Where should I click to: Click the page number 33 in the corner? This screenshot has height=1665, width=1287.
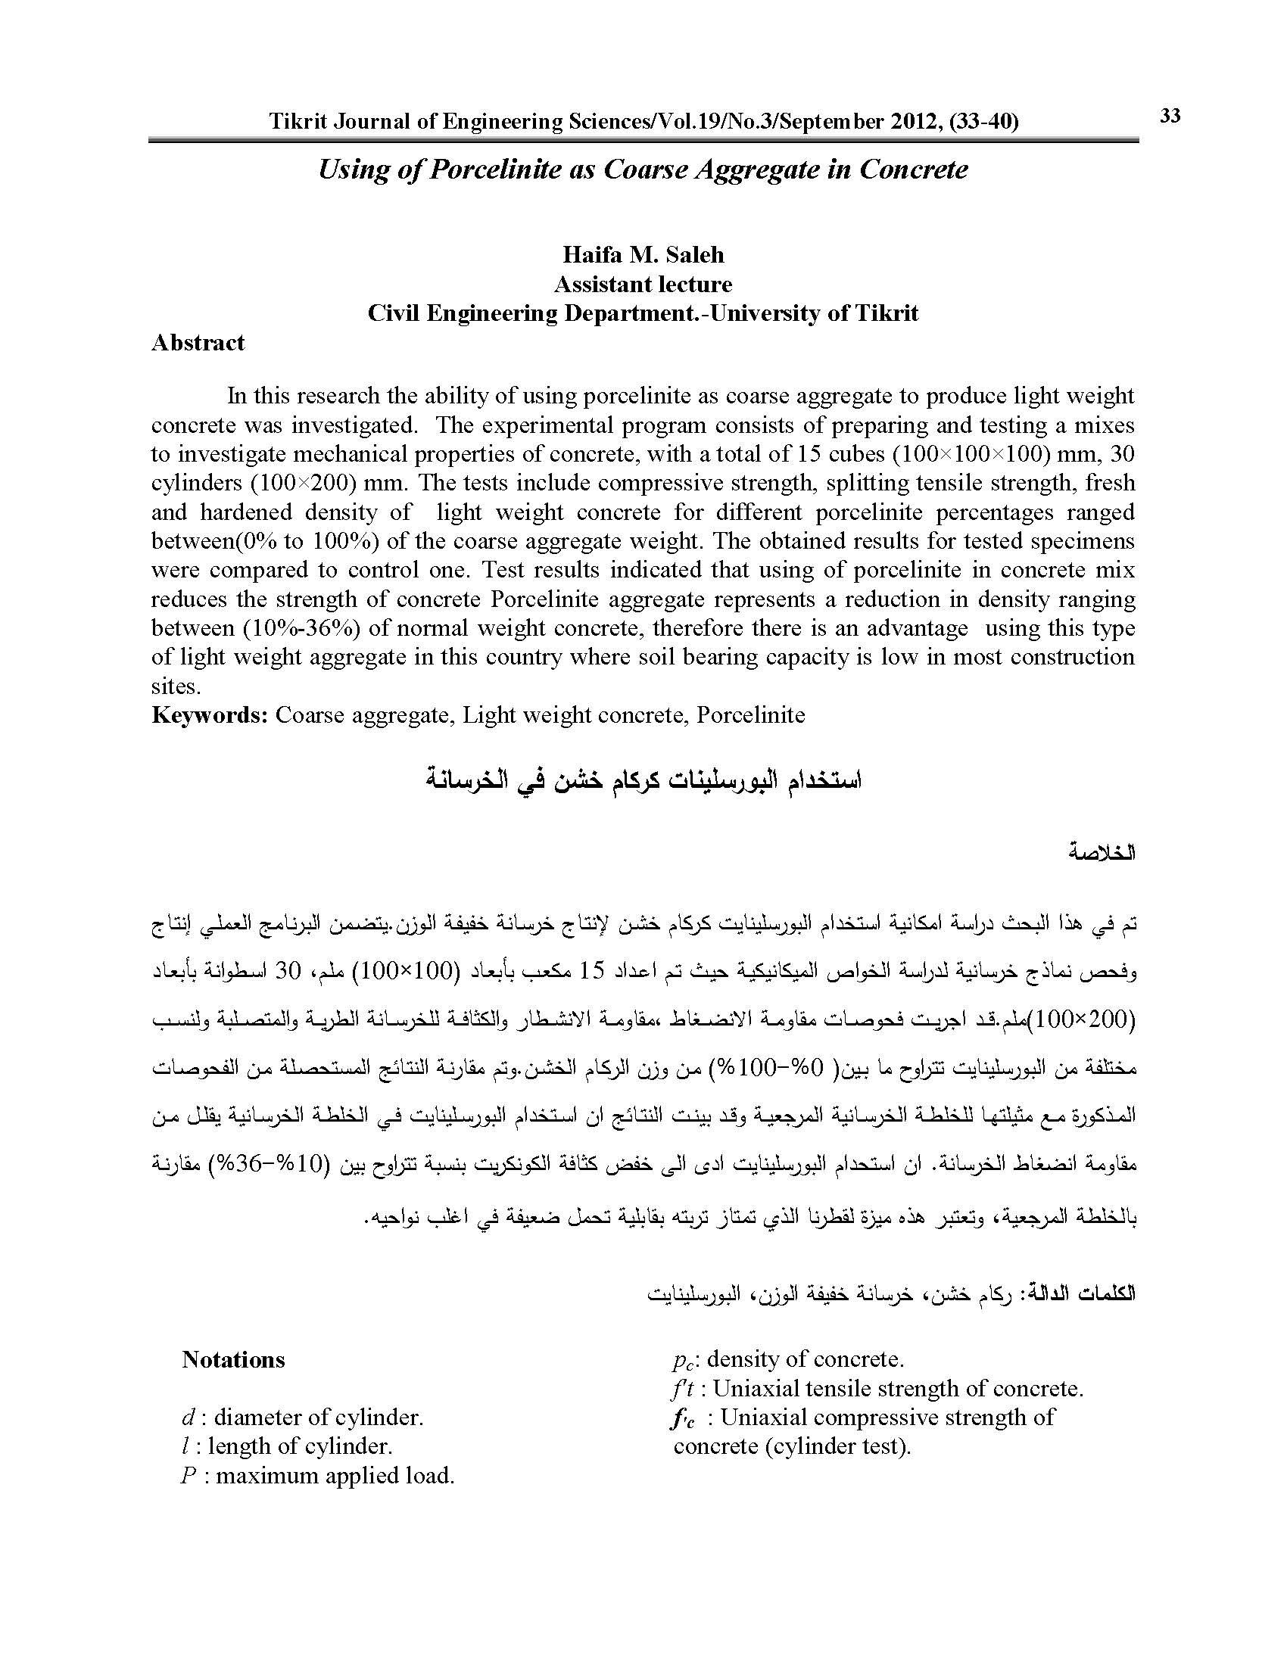tap(1170, 116)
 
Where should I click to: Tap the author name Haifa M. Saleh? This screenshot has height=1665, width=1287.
tap(643, 254)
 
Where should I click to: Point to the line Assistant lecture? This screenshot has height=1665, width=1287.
tap(643, 285)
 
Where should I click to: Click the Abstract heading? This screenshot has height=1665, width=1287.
tap(198, 343)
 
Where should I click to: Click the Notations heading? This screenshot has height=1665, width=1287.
tap(233, 1360)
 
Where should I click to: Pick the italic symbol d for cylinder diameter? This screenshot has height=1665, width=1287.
tap(187, 1418)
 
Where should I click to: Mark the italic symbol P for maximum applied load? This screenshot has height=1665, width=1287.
tap(189, 1476)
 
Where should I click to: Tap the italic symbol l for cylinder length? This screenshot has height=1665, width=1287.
tap(186, 1447)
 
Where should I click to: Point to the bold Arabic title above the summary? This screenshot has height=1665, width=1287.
tap(643, 783)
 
